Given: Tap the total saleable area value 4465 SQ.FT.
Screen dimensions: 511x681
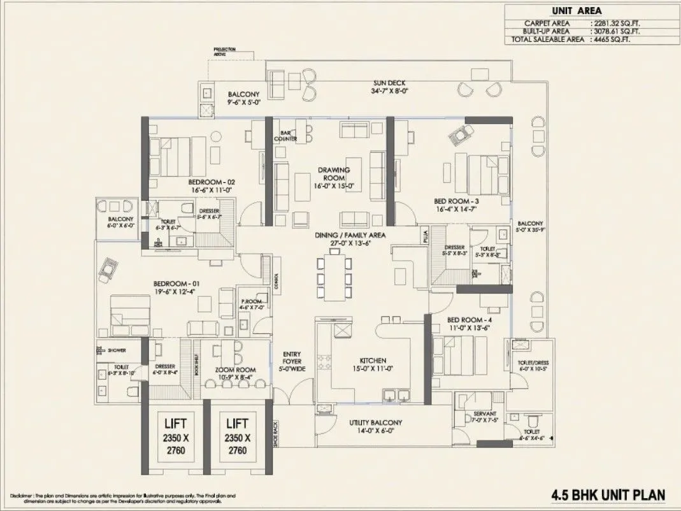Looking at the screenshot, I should (617, 40).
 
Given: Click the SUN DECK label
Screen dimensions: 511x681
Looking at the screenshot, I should (389, 83).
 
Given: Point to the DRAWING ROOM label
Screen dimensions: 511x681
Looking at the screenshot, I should (334, 174).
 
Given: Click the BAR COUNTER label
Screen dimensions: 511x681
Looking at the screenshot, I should (286, 135).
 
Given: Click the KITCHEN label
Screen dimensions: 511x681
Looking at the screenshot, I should (372, 361).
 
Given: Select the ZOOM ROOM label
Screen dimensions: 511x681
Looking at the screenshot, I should (235, 370).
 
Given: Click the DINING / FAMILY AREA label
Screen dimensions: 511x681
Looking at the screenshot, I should (350, 235).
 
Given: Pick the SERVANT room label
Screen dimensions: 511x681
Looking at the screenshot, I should (484, 414).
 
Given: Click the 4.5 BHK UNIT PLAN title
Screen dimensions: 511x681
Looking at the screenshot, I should (608, 494).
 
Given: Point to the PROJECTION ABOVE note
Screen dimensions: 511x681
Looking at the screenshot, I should (224, 51).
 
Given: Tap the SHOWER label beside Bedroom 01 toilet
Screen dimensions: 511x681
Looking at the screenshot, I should (116, 350).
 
